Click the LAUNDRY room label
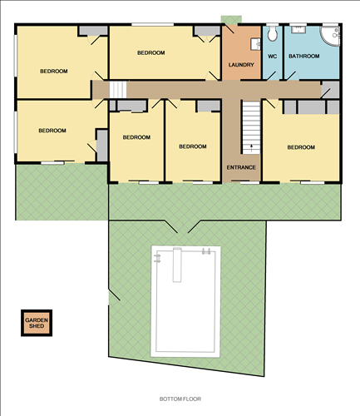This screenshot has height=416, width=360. [239, 65]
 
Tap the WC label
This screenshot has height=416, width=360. [272, 57]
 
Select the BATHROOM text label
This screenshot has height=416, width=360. [303, 57]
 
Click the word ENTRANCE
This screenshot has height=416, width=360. [241, 167]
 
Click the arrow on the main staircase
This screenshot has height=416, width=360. [251, 145]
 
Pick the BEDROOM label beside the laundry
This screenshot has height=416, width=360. [150, 52]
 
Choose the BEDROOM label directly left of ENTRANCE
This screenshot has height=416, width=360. [192, 146]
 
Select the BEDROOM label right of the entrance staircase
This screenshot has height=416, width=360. [301, 147]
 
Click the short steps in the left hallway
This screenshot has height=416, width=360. [118, 89]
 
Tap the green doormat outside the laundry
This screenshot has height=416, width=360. [230, 20]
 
